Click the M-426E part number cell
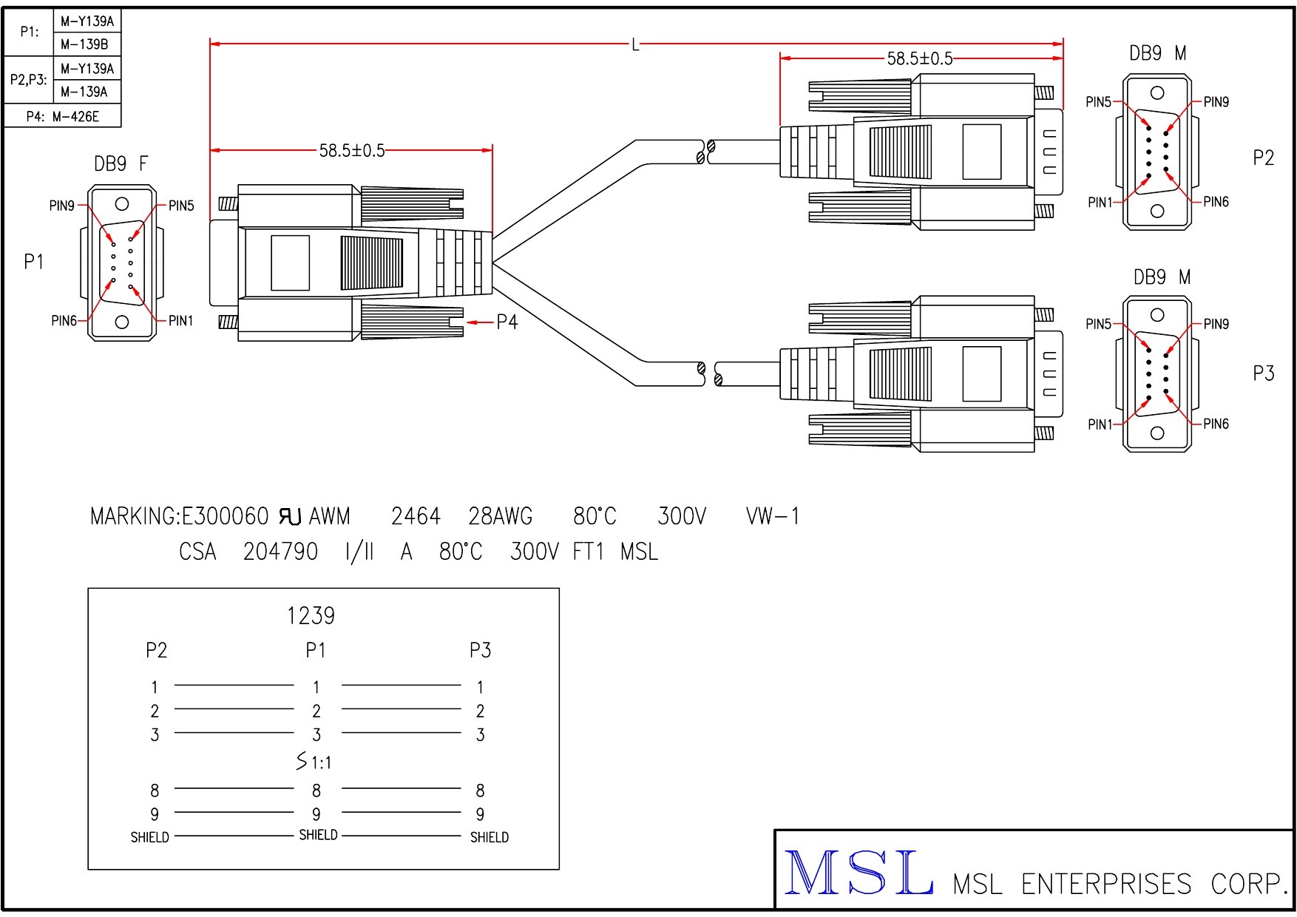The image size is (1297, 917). click(x=75, y=116)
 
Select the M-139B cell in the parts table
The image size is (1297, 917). click(x=84, y=44)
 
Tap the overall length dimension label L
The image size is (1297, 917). click(x=635, y=45)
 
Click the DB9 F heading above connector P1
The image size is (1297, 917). click(x=121, y=164)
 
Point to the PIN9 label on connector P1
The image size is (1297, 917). click(x=62, y=206)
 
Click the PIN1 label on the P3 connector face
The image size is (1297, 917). click(x=1100, y=424)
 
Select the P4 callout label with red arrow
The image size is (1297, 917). click(x=507, y=322)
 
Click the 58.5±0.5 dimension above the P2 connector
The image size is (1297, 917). click(x=920, y=59)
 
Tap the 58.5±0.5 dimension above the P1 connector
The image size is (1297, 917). click(x=352, y=151)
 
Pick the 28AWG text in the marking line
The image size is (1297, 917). click(x=501, y=516)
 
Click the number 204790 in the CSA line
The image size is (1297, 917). click(x=280, y=552)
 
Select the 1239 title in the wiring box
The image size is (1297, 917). click(x=311, y=615)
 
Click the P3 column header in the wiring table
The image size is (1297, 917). click(x=480, y=650)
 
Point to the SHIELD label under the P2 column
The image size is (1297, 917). click(x=149, y=837)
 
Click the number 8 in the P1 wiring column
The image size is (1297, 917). click(x=316, y=791)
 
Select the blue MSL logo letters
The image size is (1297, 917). click(x=858, y=873)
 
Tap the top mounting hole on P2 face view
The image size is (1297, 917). click(x=1157, y=93)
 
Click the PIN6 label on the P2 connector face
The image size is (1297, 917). click(x=1216, y=201)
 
